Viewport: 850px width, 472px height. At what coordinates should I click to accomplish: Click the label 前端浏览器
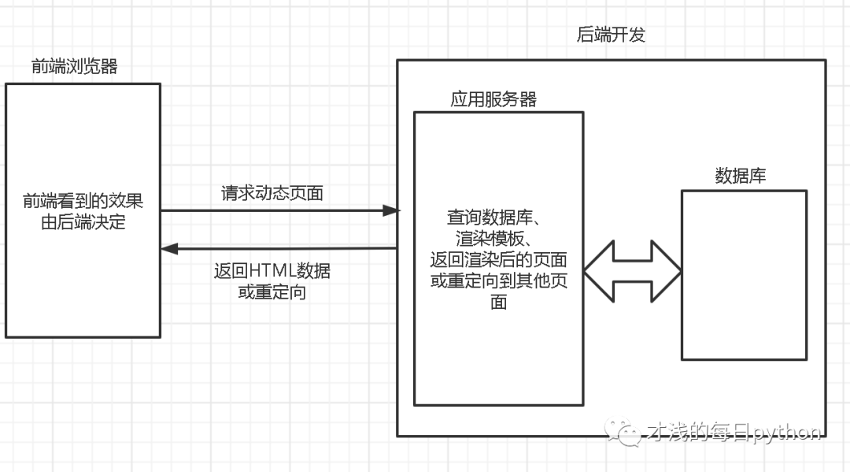click(x=75, y=67)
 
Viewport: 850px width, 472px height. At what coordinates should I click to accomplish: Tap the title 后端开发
click(x=611, y=35)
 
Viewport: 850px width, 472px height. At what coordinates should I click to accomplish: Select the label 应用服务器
click(x=493, y=99)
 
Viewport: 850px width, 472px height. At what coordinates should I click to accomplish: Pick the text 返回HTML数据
click(x=272, y=271)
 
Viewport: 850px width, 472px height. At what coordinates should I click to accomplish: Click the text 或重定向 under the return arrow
click(x=272, y=292)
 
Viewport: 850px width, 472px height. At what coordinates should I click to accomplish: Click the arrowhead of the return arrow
click(x=168, y=249)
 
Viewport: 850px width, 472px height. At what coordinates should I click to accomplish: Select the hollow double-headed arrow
click(x=633, y=271)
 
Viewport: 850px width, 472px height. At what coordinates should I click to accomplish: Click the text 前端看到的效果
click(x=83, y=203)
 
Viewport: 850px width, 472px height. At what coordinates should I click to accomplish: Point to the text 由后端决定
click(x=83, y=222)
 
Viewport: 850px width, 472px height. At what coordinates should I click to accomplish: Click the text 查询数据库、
click(x=498, y=217)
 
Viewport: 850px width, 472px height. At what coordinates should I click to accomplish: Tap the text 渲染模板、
click(x=498, y=238)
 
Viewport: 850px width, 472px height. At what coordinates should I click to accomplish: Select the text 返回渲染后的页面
click(x=498, y=259)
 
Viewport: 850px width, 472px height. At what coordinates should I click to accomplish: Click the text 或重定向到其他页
click(x=498, y=281)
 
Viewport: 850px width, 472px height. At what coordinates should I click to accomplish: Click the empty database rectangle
click(x=744, y=275)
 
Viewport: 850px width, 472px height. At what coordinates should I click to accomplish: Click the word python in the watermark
click(x=787, y=432)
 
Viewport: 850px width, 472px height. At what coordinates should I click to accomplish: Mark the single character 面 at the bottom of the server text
click(x=498, y=302)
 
